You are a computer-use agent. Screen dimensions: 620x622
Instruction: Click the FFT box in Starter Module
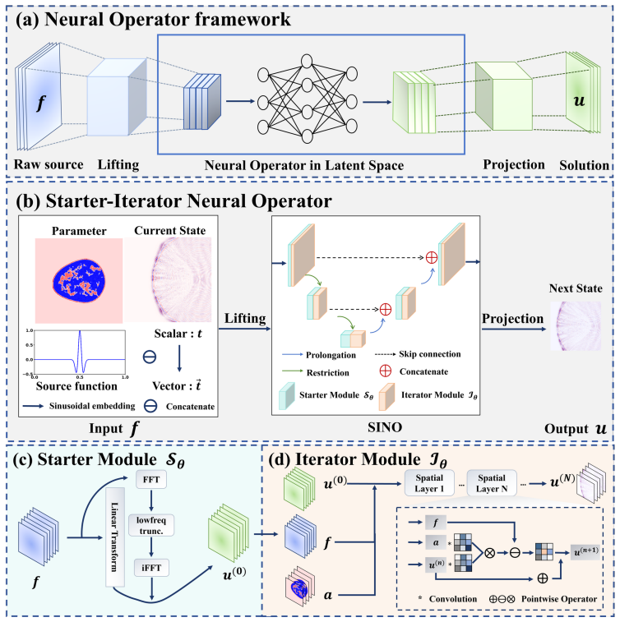pos(150,480)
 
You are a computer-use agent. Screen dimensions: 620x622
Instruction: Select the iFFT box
pos(151,568)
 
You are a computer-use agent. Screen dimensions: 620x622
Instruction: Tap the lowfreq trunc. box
pos(151,525)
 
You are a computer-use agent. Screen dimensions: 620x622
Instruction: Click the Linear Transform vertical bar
pos(115,537)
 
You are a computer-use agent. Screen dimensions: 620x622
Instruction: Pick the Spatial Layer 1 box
pos(429,483)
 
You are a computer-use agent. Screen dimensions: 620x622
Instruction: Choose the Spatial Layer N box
pos(492,483)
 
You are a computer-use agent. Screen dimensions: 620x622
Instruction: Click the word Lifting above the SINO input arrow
pos(245,318)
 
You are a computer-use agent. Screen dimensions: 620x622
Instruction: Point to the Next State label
pos(576,288)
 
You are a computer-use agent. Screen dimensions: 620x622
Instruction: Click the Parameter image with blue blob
pos(79,281)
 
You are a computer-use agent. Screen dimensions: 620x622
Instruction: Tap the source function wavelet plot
pos(80,353)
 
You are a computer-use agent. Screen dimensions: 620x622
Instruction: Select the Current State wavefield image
pos(169,279)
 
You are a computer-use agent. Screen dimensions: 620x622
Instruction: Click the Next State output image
pos(576,326)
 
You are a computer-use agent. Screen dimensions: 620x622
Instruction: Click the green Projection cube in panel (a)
pos(504,96)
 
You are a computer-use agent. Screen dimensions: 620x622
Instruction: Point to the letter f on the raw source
pos(40,103)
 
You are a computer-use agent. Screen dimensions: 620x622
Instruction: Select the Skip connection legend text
pos(430,354)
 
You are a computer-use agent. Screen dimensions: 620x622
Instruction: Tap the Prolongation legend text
pos(331,355)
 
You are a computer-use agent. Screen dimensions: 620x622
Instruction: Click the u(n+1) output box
pos(585,551)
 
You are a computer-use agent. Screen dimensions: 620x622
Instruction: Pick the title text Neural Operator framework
pos(168,19)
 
